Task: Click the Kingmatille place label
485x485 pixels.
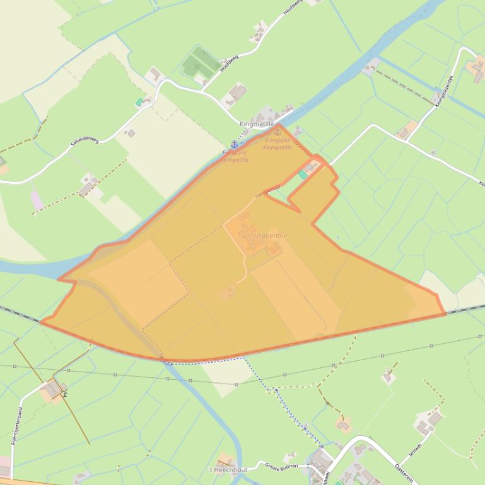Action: [257, 124]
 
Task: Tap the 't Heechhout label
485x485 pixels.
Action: [228, 470]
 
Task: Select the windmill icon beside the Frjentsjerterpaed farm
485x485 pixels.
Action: [65, 394]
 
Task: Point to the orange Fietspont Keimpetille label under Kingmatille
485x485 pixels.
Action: [278, 144]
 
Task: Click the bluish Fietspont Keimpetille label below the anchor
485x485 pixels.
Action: [235, 156]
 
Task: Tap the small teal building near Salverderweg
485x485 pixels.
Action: [139, 102]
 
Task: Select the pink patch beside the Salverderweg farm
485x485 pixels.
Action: [37, 200]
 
